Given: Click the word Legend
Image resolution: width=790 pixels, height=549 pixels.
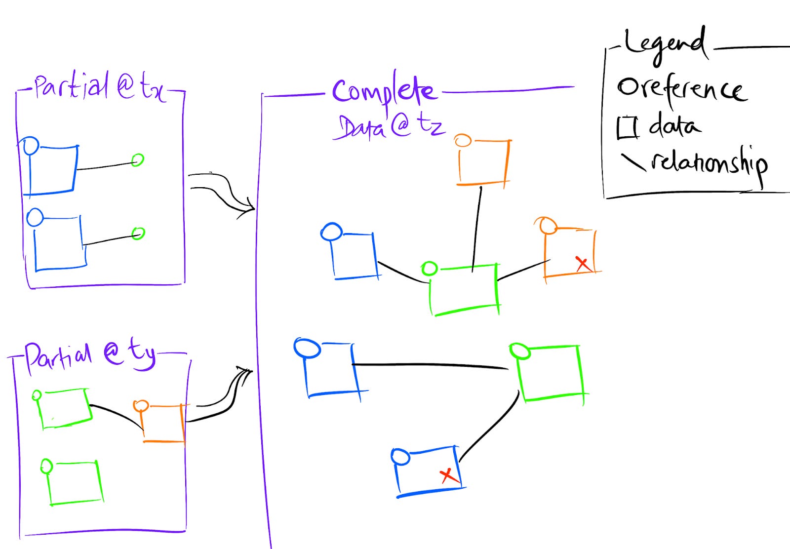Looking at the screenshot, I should (x=664, y=44).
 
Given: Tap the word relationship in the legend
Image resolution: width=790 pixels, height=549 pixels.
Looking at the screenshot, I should (x=709, y=163).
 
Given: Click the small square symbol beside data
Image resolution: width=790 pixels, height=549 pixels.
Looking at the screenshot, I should (x=627, y=127).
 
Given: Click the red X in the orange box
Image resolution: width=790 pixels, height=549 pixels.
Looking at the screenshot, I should (x=583, y=264).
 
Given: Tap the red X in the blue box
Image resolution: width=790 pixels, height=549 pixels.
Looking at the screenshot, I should (x=448, y=475).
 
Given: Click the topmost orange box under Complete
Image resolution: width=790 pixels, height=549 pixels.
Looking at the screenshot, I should (x=483, y=162).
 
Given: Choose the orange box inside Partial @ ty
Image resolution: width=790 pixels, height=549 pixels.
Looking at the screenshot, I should (x=163, y=423).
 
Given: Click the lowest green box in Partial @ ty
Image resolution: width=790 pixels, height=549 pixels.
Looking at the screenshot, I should (x=75, y=483).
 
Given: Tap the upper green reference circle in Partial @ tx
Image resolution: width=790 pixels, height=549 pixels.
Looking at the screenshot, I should (x=138, y=160).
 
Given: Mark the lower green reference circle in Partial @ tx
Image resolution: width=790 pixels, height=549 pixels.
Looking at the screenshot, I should (x=138, y=233).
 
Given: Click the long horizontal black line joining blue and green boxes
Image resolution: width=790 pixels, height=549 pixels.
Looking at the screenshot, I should (x=430, y=365).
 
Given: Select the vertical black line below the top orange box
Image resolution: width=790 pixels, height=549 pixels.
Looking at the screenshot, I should (x=477, y=227).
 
